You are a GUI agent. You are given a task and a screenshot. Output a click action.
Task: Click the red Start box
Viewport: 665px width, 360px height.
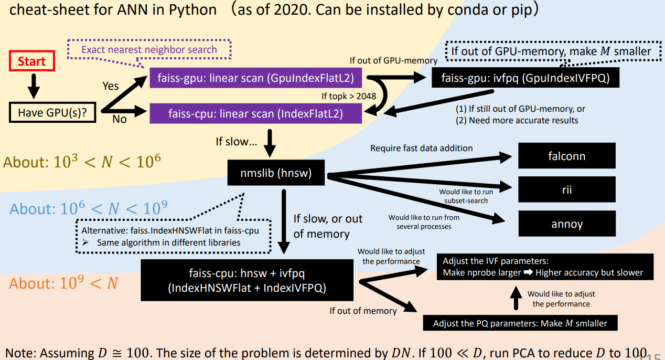(x=31, y=61)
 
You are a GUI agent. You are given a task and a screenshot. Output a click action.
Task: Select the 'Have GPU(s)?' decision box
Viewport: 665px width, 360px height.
(x=53, y=112)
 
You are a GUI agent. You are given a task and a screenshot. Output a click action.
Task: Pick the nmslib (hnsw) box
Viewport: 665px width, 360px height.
(x=276, y=173)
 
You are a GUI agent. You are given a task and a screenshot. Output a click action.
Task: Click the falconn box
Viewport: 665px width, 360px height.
(x=566, y=156)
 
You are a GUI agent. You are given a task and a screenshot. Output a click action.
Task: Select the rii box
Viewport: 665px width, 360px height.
(x=566, y=190)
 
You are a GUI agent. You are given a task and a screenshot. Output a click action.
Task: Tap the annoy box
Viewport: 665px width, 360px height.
(x=566, y=224)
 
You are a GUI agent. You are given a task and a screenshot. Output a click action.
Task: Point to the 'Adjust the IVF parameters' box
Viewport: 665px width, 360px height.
(x=543, y=267)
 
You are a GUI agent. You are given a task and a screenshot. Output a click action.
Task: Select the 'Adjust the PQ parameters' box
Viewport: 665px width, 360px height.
(x=520, y=323)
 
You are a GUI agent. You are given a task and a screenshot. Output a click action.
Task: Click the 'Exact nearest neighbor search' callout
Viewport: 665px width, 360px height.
(x=149, y=50)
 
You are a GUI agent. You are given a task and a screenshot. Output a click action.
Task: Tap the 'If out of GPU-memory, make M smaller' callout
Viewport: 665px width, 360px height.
(x=551, y=51)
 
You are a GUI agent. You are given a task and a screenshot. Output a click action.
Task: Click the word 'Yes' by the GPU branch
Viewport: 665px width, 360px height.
(x=110, y=86)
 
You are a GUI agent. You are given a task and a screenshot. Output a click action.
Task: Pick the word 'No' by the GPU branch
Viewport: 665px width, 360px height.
(x=120, y=119)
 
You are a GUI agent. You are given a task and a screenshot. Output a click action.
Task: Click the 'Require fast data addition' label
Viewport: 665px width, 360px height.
(x=421, y=148)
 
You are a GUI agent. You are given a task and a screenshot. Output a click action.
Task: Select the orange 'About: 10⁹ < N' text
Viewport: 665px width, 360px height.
(x=63, y=283)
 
